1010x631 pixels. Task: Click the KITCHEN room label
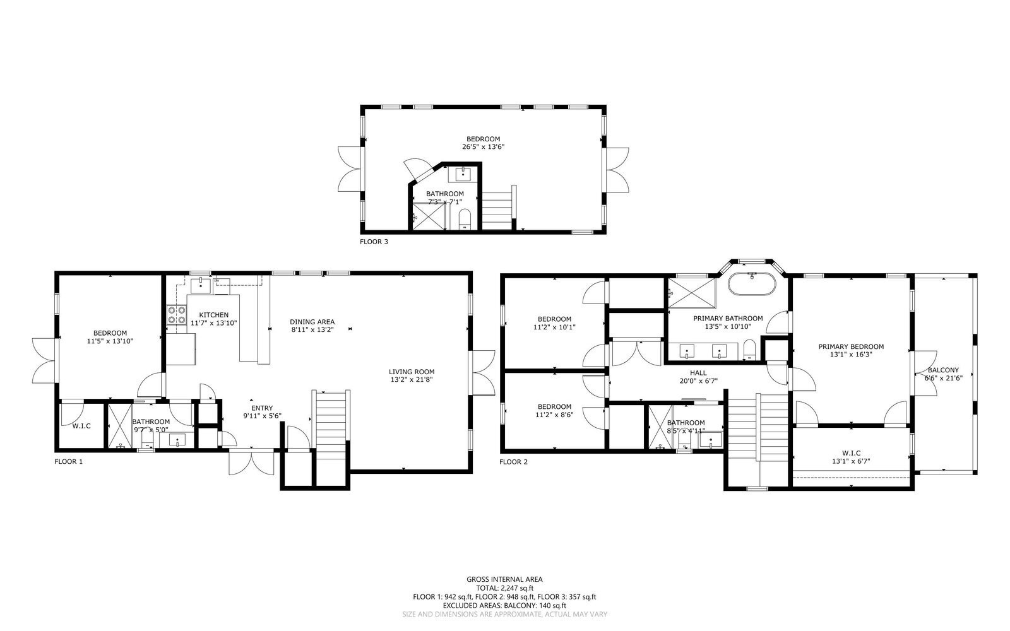coord(213,315)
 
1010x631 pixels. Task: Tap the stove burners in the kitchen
coord(177,314)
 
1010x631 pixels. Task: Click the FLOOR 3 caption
coord(374,241)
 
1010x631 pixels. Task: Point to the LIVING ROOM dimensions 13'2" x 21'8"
coord(411,380)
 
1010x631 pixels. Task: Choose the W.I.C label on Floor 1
coord(81,426)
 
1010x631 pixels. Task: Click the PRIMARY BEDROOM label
coord(851,346)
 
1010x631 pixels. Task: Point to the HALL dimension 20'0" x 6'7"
coord(698,380)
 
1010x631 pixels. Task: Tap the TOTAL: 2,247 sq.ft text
coord(504,587)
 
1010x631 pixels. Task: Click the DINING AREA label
coord(312,322)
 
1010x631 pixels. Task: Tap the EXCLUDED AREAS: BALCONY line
coord(504,605)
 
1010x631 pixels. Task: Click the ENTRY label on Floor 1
coord(261,408)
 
